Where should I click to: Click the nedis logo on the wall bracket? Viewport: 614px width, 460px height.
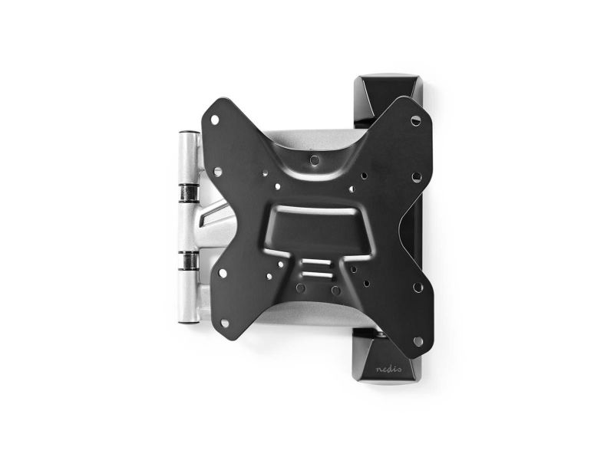point(388,370)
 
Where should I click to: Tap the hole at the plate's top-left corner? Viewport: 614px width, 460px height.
point(215,120)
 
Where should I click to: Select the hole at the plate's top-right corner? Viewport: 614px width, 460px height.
point(416,120)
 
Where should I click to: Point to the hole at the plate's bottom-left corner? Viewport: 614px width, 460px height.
point(224,323)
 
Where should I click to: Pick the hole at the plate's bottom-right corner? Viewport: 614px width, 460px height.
point(418,341)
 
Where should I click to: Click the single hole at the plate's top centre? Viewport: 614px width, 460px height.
point(314,159)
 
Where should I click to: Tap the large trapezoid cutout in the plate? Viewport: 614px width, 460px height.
point(316,231)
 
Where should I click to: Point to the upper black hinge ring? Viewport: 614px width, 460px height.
point(189,193)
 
